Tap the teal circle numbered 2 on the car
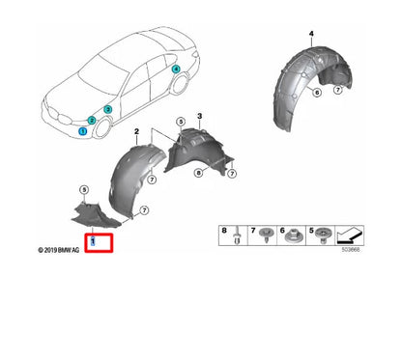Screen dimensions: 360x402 (92, 121)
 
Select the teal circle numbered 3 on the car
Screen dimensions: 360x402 (108, 111)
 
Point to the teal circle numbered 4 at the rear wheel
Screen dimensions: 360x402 (175, 69)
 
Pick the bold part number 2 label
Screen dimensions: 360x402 (137, 129)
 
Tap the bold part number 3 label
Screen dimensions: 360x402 (199, 116)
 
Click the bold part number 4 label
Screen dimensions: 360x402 (311, 34)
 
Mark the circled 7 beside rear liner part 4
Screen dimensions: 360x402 (337, 90)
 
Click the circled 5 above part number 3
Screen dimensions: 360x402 (179, 122)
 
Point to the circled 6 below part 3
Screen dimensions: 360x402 (197, 174)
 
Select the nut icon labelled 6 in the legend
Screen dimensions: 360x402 (292, 236)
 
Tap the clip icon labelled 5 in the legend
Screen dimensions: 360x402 (320, 236)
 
